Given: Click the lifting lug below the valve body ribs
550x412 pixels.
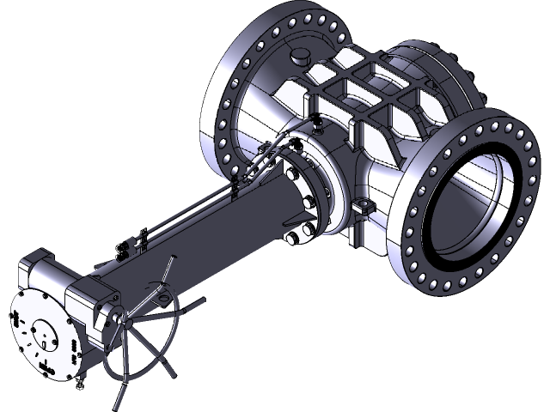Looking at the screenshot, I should tap(363, 207).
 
